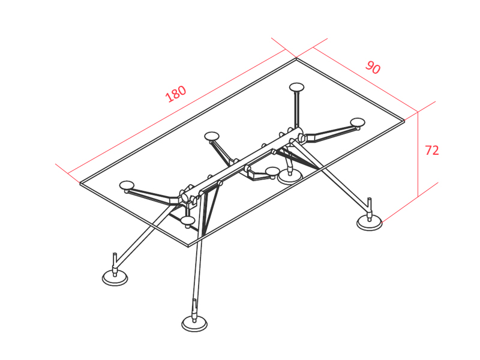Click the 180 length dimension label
coord(176,94)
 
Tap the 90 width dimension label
coord(373,67)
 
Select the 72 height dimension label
coord(432,151)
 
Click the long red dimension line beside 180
coord(176,112)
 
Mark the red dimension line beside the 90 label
coord(365,80)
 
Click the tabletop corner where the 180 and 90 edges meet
coord(296,58)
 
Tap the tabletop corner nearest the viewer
coord(188,246)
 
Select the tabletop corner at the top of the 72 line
coord(404,121)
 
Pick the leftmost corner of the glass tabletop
coord(80,184)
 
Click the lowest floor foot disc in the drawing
coord(194,324)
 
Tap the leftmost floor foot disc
coord(115,278)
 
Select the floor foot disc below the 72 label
coord(370,222)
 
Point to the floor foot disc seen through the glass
coord(290,176)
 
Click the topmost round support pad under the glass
coord(296,87)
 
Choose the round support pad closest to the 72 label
coord(358,122)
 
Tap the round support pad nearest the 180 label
coord(212,137)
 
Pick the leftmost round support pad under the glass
coord(127,185)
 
